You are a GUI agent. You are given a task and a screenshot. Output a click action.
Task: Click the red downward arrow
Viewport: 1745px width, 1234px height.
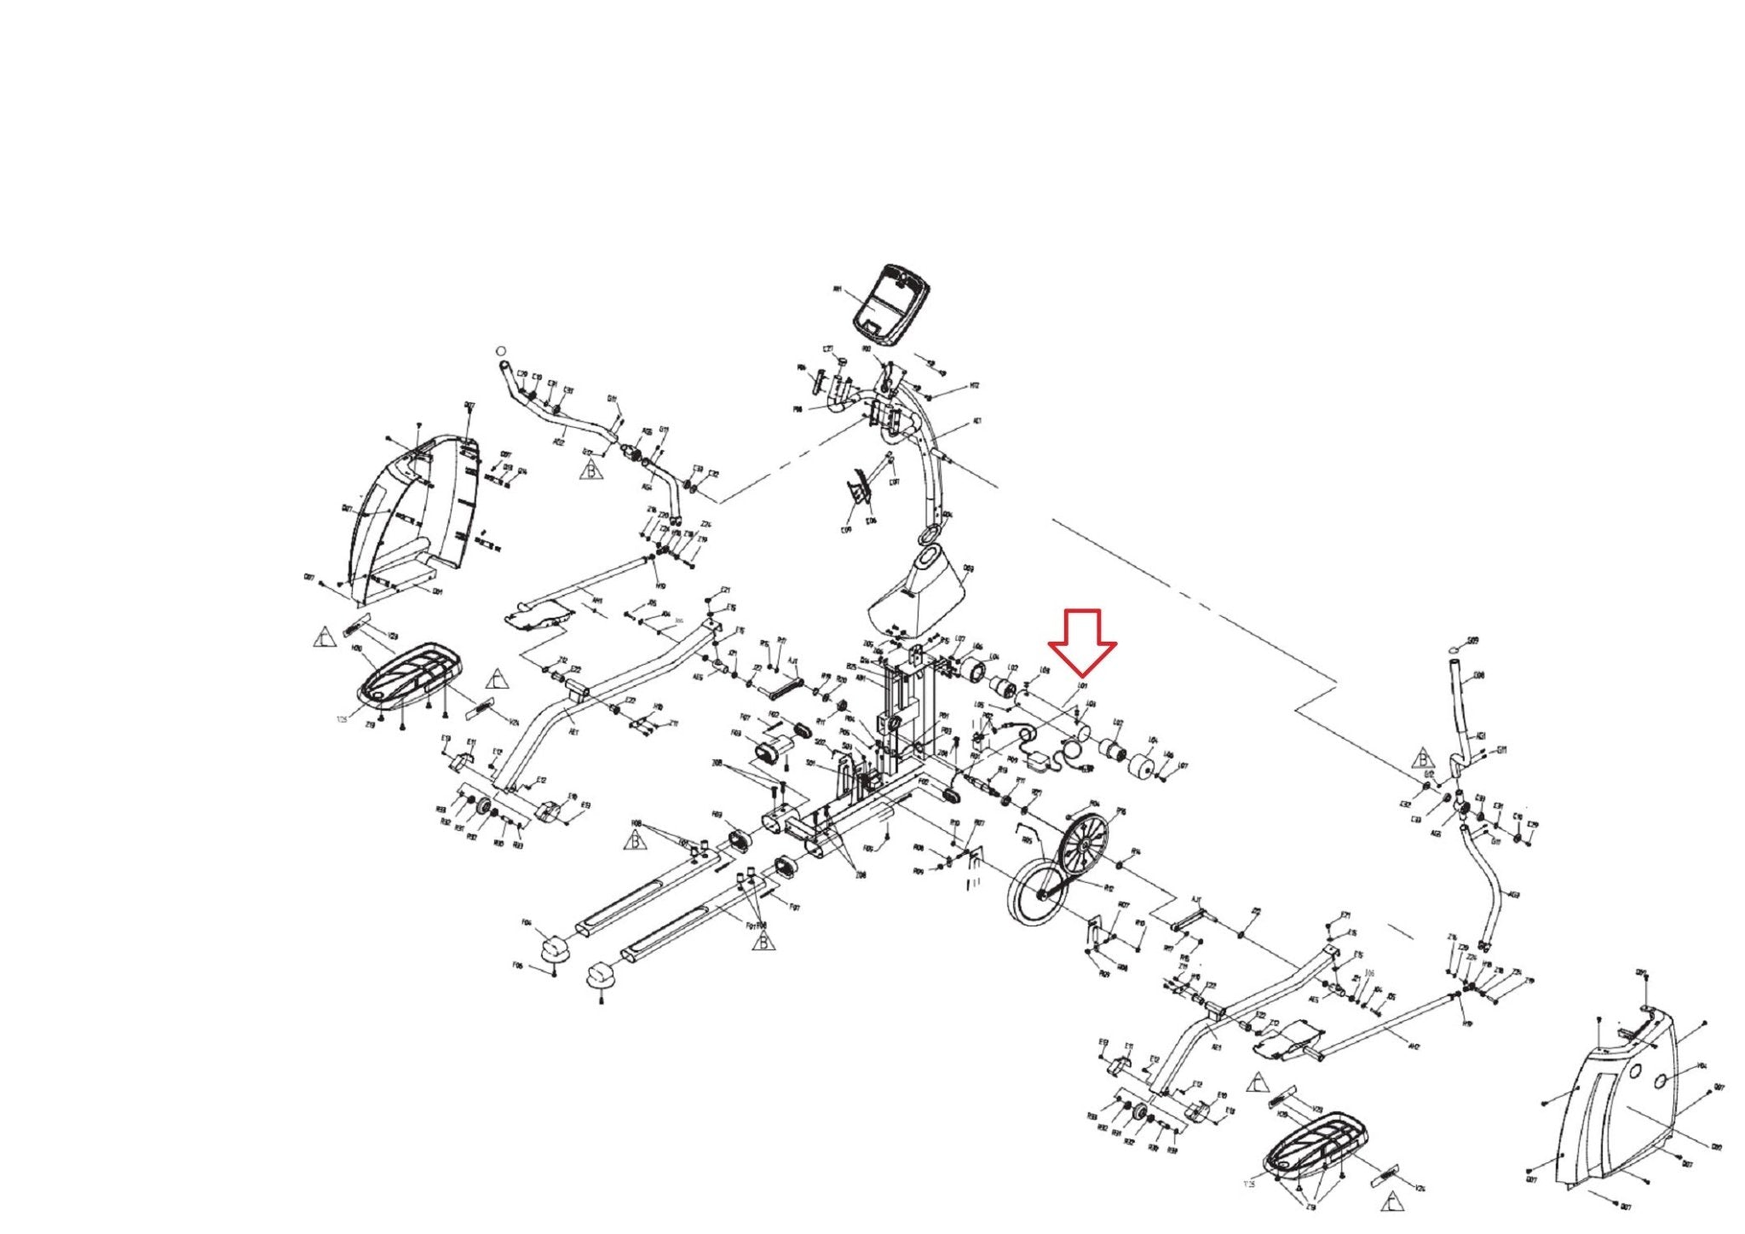1082,642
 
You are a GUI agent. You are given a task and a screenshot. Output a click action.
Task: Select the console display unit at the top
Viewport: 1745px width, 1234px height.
891,304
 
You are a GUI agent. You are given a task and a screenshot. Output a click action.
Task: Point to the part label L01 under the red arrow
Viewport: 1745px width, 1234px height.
1083,685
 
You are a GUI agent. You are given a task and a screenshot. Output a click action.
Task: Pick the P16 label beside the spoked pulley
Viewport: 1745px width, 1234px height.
1120,811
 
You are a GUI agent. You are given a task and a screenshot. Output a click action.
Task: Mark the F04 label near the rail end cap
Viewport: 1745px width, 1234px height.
527,922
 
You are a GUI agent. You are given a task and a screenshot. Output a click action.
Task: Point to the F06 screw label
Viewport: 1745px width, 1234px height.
517,965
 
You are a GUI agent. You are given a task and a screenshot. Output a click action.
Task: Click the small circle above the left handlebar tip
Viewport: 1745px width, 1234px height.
501,350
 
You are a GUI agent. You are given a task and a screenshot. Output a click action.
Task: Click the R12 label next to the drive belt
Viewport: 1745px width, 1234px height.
1109,888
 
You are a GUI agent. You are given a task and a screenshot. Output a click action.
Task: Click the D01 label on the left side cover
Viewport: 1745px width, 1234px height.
438,591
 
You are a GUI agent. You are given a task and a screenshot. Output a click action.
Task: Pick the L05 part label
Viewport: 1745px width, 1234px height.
979,705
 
